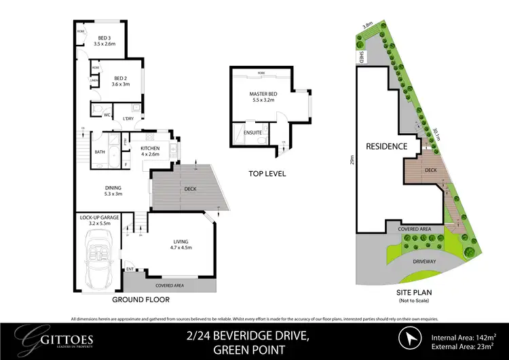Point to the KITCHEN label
(150, 147)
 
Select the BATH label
(100, 152)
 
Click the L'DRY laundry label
(128, 120)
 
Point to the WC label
(107, 115)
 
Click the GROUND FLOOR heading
(142, 299)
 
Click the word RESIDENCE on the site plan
(386, 146)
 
